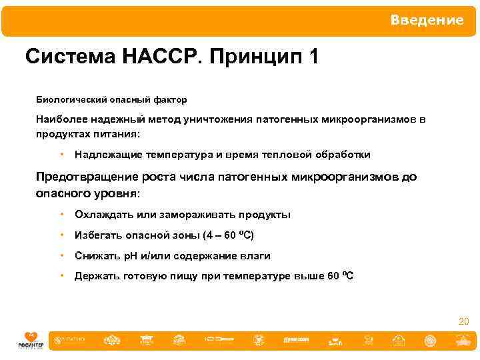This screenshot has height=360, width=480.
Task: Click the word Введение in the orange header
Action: (x=427, y=21)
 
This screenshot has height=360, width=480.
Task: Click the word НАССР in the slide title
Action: (x=161, y=57)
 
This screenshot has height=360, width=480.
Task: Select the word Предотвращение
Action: (x=87, y=177)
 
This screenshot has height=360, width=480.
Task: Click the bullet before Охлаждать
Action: (x=61, y=215)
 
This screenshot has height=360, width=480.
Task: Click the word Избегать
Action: (x=97, y=235)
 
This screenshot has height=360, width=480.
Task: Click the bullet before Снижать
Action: (x=61, y=256)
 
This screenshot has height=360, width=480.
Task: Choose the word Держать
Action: (x=97, y=277)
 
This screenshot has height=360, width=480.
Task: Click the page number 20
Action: (x=463, y=322)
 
